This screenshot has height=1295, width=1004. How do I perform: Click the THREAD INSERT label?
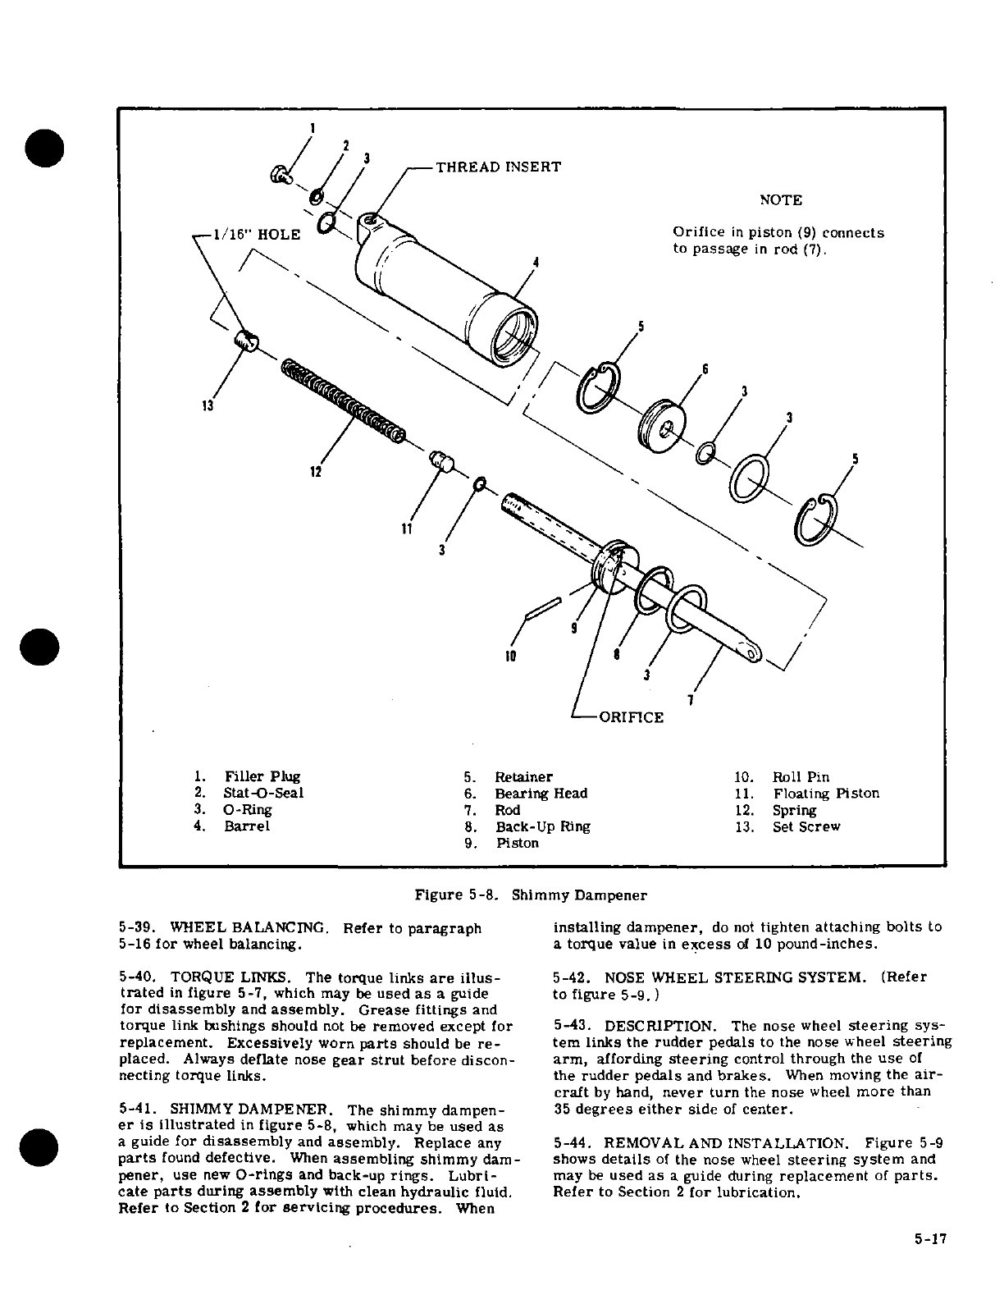pyautogui.click(x=498, y=167)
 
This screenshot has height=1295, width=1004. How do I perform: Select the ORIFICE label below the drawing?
pyautogui.click(x=631, y=717)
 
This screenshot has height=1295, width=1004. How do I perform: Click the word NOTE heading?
pyautogui.click(x=781, y=200)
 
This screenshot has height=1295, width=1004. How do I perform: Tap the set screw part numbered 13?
pyautogui.click(x=245, y=340)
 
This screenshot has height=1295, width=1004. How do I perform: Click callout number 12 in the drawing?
pyautogui.click(x=315, y=472)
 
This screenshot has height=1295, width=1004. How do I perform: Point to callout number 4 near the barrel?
pyautogui.click(x=535, y=263)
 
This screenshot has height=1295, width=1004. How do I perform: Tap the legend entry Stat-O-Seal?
pyautogui.click(x=263, y=793)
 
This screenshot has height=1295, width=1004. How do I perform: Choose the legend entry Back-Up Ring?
pyautogui.click(x=542, y=826)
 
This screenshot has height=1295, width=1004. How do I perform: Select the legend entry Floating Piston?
pyautogui.click(x=825, y=794)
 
